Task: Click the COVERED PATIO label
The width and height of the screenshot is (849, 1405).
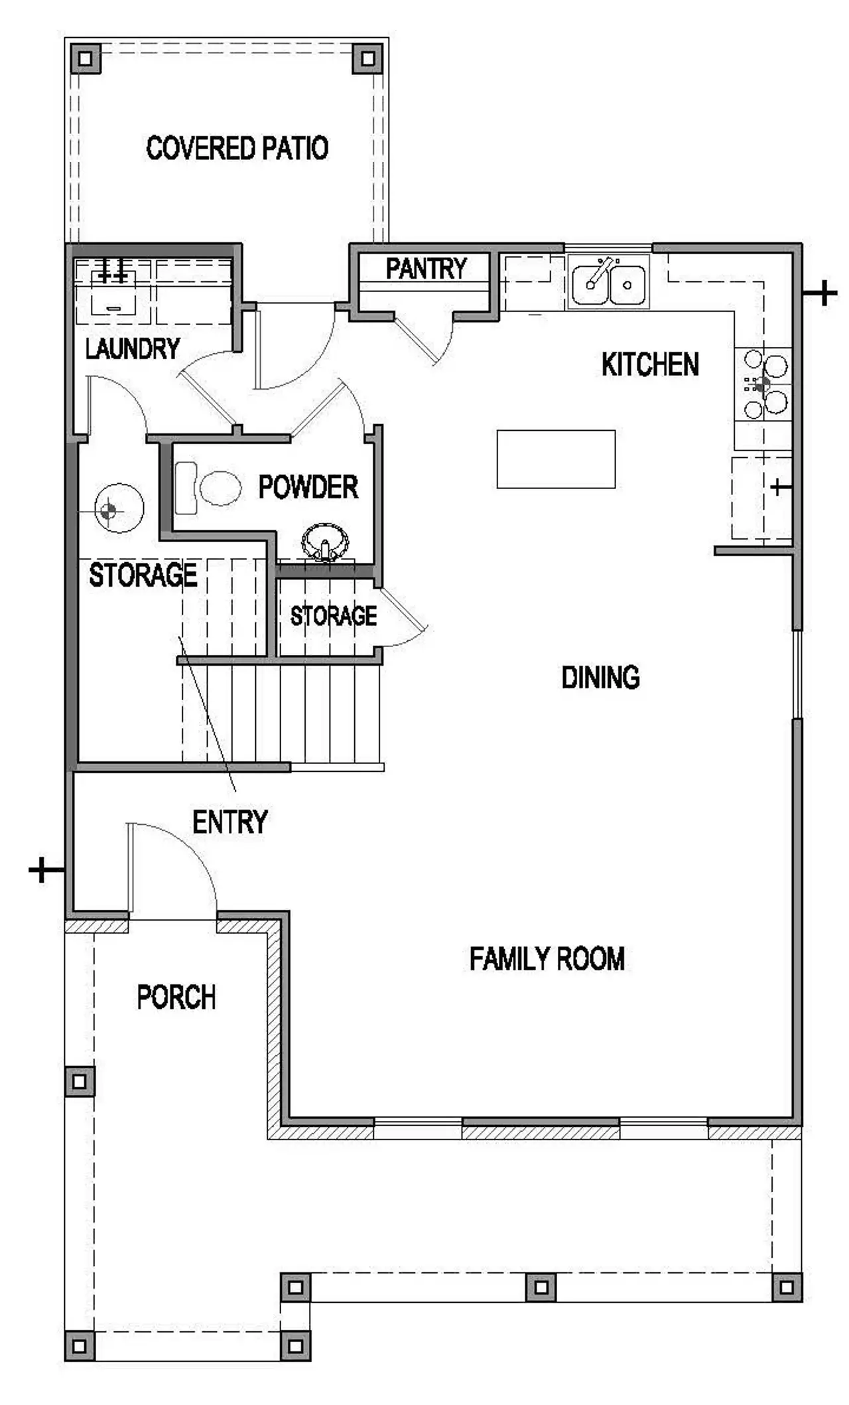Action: [x=237, y=147]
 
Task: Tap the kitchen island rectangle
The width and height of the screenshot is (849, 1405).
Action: [x=556, y=459]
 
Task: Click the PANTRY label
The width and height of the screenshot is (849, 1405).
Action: [x=426, y=269]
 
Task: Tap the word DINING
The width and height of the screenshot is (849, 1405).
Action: [x=600, y=678]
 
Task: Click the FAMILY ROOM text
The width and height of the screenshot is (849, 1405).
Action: [x=547, y=959]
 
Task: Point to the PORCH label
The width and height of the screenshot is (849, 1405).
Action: [x=176, y=997]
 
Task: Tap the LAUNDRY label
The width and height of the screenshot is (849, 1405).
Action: [x=133, y=348]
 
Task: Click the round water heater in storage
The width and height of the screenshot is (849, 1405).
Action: [x=119, y=508]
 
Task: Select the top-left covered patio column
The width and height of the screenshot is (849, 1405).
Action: [x=85, y=58]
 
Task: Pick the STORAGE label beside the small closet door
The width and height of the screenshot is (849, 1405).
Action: [x=333, y=616]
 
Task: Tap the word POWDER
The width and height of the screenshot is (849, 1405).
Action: [x=308, y=487]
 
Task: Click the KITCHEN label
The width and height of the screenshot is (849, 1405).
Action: [x=650, y=364]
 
